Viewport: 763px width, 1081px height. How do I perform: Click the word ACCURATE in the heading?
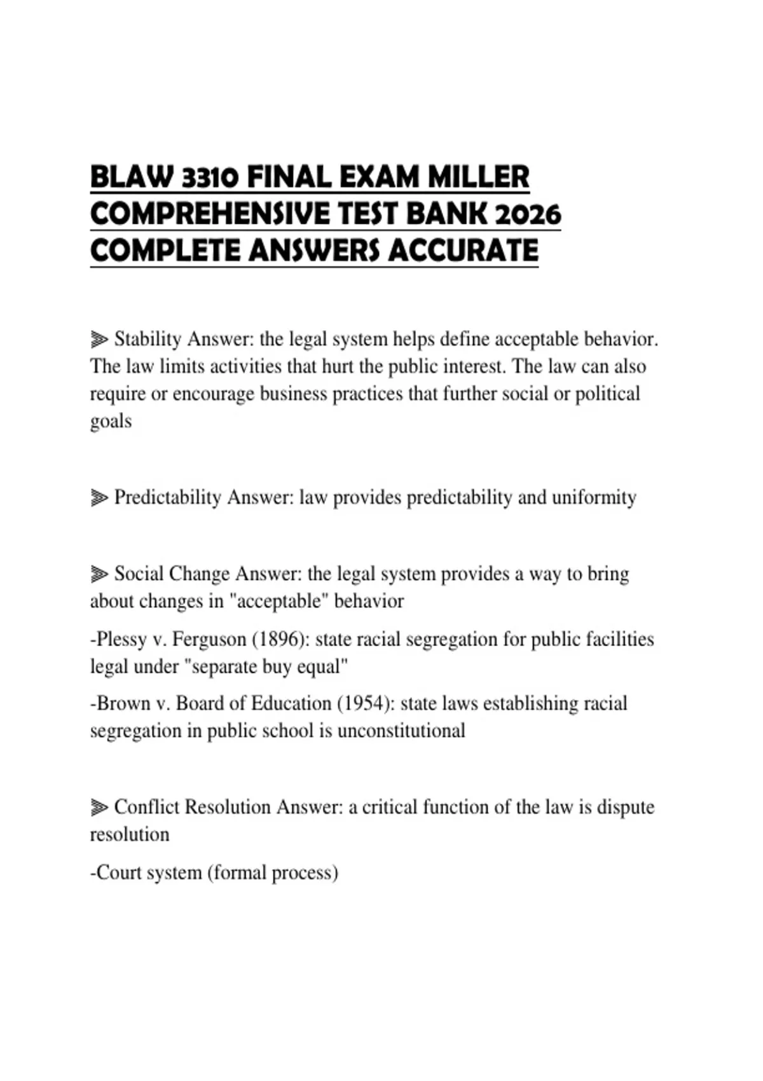tap(463, 251)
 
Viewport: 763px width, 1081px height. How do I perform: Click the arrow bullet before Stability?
tap(99, 340)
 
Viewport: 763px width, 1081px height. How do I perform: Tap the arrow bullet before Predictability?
tap(99, 497)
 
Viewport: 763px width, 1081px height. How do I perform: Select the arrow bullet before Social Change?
tap(99, 574)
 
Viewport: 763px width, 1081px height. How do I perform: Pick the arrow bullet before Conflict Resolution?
tap(99, 808)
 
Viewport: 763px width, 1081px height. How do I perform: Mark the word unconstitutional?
tap(401, 731)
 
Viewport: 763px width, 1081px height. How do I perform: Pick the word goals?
tap(111, 422)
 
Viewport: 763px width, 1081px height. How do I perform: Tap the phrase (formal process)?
tap(273, 872)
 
